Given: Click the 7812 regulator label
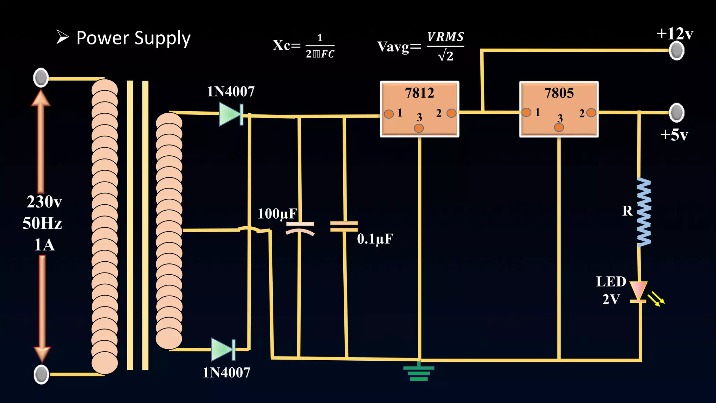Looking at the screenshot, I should (x=419, y=93).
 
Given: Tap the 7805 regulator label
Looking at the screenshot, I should (x=559, y=93).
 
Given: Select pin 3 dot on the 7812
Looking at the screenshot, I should (x=419, y=128).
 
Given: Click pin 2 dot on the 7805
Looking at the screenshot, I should (x=591, y=113).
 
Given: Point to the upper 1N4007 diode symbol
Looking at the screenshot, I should (x=231, y=114).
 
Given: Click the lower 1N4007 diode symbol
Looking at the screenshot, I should (x=223, y=349).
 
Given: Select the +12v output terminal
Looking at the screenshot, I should (x=677, y=51).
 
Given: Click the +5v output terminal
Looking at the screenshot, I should (x=677, y=113).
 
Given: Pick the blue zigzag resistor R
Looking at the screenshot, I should (x=644, y=212).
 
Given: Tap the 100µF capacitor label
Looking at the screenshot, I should (x=277, y=214).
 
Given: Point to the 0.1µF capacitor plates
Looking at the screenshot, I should (x=344, y=226).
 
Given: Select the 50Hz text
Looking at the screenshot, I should (x=42, y=223).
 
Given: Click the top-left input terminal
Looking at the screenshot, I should (x=41, y=78).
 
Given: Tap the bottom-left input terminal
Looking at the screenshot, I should (x=41, y=374).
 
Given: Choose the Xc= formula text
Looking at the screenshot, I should (x=286, y=45).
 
